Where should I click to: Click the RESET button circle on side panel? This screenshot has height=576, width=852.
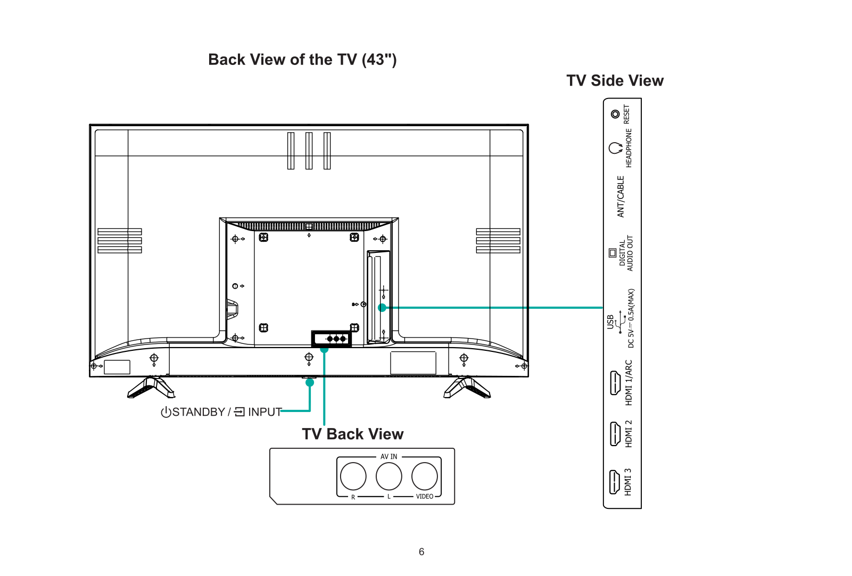(x=615, y=114)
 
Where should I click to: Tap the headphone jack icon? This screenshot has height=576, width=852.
(x=615, y=148)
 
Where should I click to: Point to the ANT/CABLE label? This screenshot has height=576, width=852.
(x=621, y=196)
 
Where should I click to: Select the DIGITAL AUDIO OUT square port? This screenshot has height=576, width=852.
(x=613, y=253)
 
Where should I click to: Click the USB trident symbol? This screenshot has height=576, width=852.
(x=621, y=322)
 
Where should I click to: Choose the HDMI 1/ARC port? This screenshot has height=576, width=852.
(x=615, y=383)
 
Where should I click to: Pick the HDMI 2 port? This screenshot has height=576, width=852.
(x=615, y=433)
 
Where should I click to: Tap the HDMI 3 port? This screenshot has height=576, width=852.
(x=614, y=482)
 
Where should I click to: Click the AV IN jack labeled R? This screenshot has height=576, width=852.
(x=353, y=476)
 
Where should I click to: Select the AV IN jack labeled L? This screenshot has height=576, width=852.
(x=388, y=476)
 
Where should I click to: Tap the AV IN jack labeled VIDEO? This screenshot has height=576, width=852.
(x=425, y=476)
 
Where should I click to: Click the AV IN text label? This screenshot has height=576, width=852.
(x=388, y=457)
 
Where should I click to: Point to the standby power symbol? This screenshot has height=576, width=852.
(x=166, y=412)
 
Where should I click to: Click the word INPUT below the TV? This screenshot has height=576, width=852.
(x=264, y=412)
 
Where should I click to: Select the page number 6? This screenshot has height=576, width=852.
(x=421, y=552)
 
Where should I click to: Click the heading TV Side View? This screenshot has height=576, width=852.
(x=615, y=81)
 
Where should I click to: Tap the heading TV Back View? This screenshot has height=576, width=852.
(x=353, y=434)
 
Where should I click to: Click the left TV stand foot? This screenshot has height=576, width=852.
(x=151, y=388)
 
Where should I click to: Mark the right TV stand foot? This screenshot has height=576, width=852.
(x=467, y=388)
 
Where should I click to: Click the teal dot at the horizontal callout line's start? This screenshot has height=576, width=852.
(x=382, y=307)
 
